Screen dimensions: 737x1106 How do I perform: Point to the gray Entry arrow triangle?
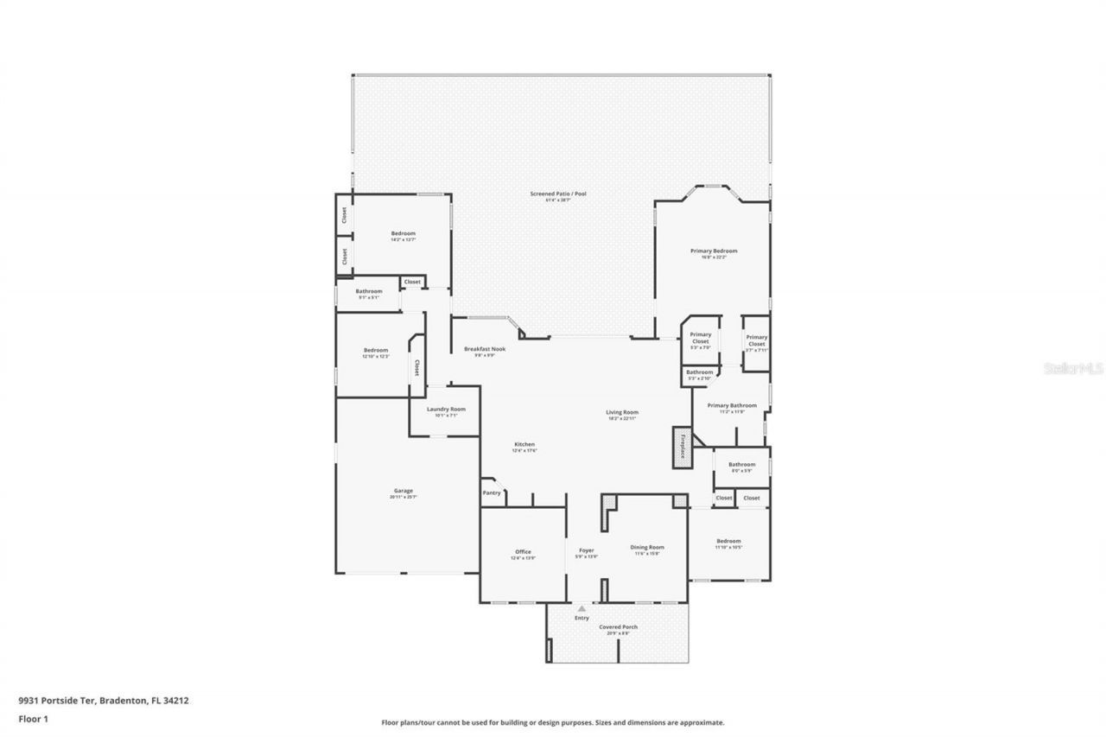tap(582, 609)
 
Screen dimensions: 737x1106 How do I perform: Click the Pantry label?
tap(492, 492)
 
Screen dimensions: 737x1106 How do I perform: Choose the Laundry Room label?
tap(446, 410)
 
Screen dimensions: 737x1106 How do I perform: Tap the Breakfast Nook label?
tap(485, 350)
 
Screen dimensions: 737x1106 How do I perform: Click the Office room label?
tap(523, 553)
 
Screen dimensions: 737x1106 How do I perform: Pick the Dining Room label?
tap(646, 549)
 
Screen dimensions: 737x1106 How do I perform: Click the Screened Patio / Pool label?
tap(558, 195)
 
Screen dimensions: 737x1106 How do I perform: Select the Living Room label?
tap(622, 414)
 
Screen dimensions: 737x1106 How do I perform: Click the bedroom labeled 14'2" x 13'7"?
tap(403, 235)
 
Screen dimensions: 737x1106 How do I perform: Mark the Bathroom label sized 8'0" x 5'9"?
tap(741, 466)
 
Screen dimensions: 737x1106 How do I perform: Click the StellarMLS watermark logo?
tap(1073, 368)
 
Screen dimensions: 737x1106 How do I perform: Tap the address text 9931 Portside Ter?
tap(58, 701)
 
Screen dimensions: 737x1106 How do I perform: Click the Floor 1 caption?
tap(32, 718)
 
